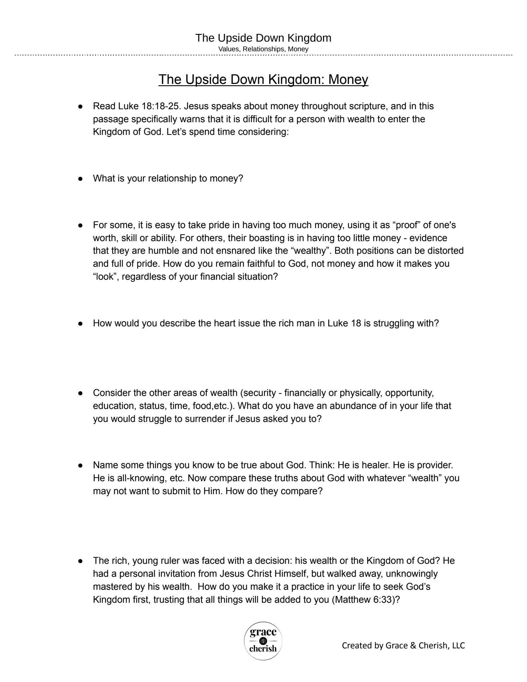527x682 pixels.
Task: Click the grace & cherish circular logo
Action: (263, 640)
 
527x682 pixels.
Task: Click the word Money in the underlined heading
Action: (348, 80)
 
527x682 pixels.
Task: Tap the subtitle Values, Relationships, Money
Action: (263, 49)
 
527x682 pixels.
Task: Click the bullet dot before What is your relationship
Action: (80, 179)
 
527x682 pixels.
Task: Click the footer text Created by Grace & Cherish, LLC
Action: (403, 645)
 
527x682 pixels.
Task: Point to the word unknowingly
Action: (411, 574)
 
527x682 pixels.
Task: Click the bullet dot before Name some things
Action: (80, 466)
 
